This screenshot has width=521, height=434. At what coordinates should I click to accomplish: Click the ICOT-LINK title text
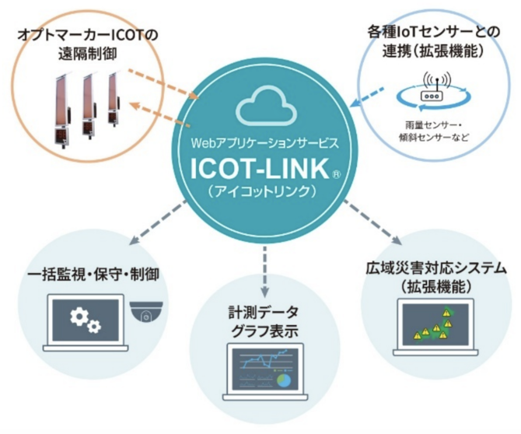click(260, 169)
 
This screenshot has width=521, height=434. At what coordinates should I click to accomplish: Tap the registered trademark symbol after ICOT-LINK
click(336, 174)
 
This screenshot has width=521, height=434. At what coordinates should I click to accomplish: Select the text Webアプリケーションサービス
click(265, 143)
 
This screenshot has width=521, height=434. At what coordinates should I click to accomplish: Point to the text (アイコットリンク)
click(264, 191)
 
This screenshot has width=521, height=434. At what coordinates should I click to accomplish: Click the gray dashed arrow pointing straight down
click(264, 271)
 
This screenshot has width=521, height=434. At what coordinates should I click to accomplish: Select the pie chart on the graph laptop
click(284, 381)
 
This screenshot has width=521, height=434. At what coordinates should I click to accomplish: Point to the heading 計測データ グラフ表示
click(264, 321)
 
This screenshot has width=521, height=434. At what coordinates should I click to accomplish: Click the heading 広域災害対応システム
click(436, 269)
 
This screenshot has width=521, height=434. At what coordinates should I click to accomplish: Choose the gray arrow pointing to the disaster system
click(372, 222)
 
